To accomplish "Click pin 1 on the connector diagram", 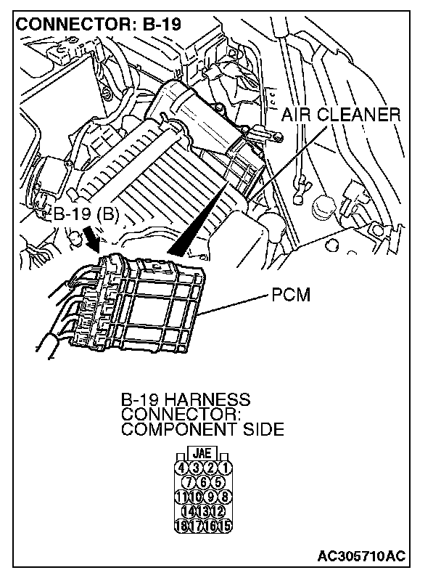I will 226,467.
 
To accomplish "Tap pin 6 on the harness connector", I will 205,481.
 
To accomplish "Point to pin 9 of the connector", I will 212,497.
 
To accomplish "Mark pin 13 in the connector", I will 205,511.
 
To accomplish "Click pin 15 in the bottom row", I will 226,526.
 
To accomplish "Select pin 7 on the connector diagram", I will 190,481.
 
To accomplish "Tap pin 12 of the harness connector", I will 219,511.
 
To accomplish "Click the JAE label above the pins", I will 204,453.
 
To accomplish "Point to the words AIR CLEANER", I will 340,115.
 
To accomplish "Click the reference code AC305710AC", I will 361,557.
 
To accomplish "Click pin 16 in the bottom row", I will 212,526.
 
